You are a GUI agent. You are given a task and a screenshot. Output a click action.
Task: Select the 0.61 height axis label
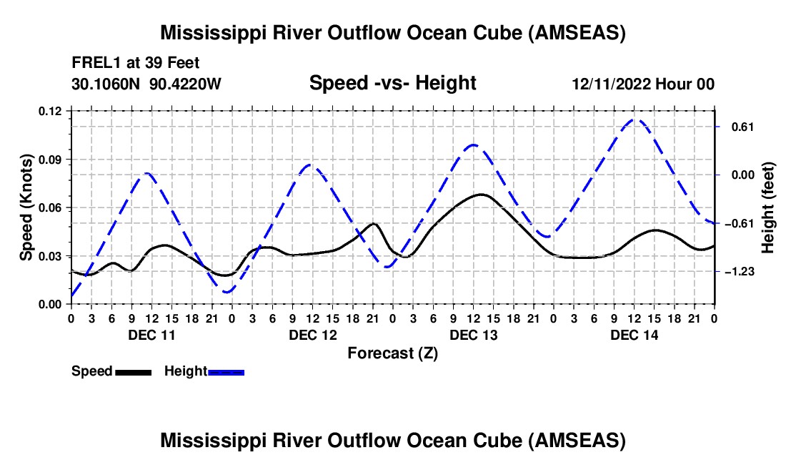pyautogui.click(x=737, y=127)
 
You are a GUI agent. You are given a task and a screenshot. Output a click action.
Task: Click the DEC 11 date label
pyautogui.click(x=151, y=335)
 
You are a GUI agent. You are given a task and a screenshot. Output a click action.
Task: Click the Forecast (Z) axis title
pyautogui.click(x=392, y=353)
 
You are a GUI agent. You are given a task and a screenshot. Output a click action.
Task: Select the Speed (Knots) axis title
pyautogui.click(x=26, y=207)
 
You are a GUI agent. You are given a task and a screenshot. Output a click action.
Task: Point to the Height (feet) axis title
pyautogui.click(x=768, y=207)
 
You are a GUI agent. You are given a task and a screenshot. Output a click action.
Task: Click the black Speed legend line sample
pyautogui.click(x=133, y=372)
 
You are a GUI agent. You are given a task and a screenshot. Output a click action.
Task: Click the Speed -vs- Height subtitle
pyautogui.click(x=392, y=83)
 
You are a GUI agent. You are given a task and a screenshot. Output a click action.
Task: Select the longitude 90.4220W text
pyautogui.click(x=186, y=84)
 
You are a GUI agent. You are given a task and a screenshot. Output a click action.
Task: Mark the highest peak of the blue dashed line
pyautogui.click(x=635, y=119)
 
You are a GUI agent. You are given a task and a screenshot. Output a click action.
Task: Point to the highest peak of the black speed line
pyautogui.click(x=481, y=194)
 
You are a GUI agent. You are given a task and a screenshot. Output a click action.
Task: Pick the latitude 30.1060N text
pyautogui.click(x=106, y=84)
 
